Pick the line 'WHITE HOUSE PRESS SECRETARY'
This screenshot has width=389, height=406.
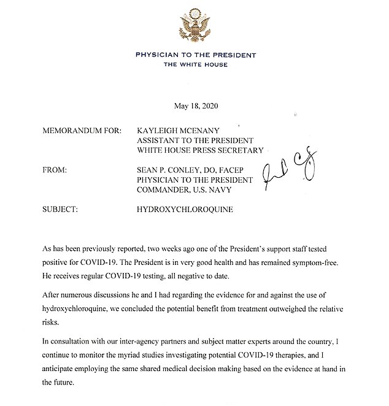click(199, 150)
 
